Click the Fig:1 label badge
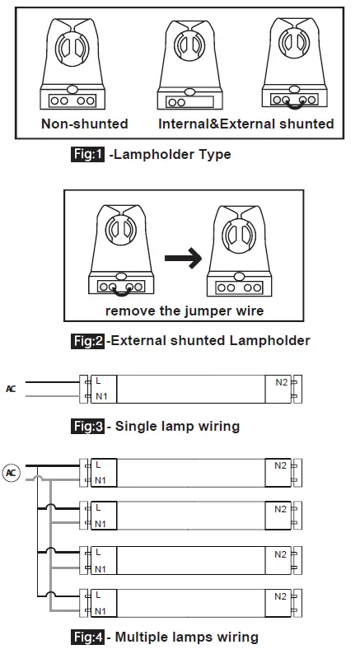coord(87,154)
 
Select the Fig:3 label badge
coord(87,426)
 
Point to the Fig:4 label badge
coord(87,637)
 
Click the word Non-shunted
coord(85,124)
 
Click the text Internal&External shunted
coord(245,124)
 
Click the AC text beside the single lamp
coord(11,388)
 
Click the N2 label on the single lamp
coord(281,383)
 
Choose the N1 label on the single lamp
coord(101,397)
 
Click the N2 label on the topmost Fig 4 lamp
coord(281,466)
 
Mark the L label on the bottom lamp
coord(98,594)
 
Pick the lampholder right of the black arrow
coord(237,251)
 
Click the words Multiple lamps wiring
coord(187,637)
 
